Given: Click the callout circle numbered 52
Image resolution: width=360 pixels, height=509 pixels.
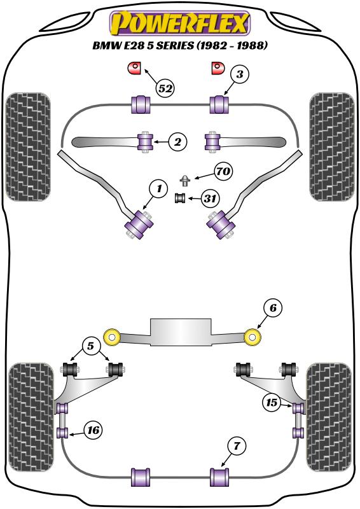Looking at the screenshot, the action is click(165, 88).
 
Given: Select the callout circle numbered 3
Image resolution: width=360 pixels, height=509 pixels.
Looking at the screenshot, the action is click(239, 74).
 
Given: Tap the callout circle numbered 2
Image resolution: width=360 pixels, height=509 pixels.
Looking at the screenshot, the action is click(177, 141).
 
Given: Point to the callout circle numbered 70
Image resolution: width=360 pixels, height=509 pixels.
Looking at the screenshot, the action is click(223, 171).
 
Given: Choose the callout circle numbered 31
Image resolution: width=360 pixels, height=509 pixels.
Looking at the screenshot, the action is click(210, 198).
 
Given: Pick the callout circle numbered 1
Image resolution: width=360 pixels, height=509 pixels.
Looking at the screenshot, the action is click(158, 188).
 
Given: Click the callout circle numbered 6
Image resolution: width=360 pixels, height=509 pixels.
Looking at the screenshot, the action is click(273, 308).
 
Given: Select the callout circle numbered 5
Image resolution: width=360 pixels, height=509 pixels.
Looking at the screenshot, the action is click(90, 346).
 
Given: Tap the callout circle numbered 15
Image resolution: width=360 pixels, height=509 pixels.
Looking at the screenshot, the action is click(272, 403).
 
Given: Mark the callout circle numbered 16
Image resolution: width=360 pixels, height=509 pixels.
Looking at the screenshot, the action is click(93, 431).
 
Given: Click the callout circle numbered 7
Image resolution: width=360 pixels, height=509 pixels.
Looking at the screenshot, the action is click(237, 446).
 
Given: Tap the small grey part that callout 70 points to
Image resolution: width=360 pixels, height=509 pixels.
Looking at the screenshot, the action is click(185, 180).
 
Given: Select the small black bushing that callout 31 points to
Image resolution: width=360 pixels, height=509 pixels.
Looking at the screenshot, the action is click(180, 198).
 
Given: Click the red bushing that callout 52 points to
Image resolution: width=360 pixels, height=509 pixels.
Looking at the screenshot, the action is click(134, 68).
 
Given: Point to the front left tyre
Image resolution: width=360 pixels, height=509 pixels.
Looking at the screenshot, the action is click(28, 147).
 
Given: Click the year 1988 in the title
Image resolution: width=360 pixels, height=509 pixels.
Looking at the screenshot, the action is click(251, 45).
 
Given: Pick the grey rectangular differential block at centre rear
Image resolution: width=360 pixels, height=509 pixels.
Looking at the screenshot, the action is click(181, 331).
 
